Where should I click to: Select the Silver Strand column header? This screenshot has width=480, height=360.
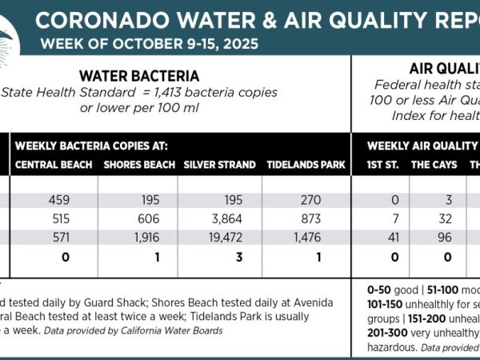[x=219, y=165]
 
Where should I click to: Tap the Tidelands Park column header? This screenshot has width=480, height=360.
[x=306, y=165]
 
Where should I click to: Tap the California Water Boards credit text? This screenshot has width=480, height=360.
[x=184, y=330]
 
